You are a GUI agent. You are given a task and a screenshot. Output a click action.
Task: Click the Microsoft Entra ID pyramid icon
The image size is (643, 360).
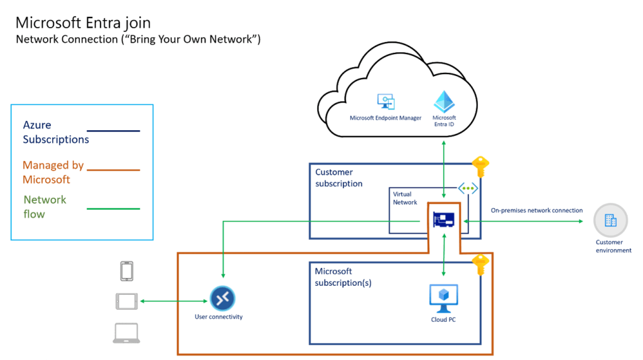coord(444,101)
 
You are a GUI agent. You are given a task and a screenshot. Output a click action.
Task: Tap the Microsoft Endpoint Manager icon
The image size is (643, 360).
coord(385,102)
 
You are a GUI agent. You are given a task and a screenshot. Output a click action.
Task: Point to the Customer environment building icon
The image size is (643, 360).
coord(610,221)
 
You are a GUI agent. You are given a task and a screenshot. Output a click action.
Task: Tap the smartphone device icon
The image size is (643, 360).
coord(126,271)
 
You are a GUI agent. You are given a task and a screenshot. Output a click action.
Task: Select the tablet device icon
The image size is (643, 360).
coord(126,302)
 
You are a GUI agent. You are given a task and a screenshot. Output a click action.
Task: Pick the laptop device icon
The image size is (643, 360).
coord(126,333)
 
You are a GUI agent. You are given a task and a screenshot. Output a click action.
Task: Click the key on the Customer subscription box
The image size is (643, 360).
coord(480,166)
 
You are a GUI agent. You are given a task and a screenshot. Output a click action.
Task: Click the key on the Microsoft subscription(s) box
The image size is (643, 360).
coord(480,265)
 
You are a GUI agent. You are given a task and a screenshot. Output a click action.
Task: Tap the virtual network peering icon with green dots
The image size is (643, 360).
coord(467,188)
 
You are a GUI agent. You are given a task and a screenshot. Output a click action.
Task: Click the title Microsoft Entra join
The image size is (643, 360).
coord(83,23)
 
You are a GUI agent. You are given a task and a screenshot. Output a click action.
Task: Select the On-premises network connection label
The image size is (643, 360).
coord(536,210)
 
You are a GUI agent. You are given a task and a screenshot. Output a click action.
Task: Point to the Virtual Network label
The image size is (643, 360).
coord(405,199)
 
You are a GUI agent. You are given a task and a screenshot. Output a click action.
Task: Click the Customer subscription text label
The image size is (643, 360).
coord(338,178)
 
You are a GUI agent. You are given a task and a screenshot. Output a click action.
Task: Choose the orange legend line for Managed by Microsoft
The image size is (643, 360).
coord(114,170)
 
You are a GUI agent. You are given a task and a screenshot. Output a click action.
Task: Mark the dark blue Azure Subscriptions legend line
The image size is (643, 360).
coord(114,131)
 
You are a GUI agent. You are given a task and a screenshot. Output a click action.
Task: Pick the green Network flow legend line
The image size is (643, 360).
coord(114,209)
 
